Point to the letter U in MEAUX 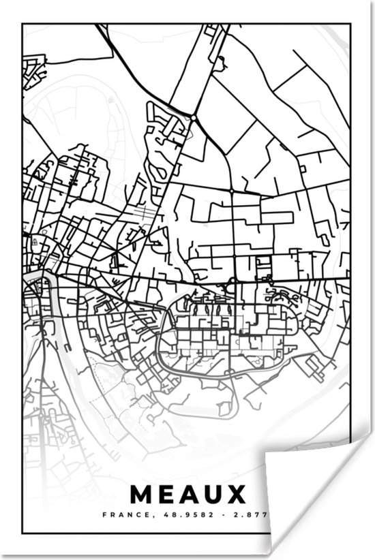click(212, 494)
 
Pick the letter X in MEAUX click(235, 494)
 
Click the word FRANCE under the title click(123, 515)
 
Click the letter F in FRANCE click(104, 515)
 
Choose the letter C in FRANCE click(134, 515)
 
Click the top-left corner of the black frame click(22, 25)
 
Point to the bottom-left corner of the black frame click(22, 533)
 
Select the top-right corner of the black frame click(350, 25)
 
